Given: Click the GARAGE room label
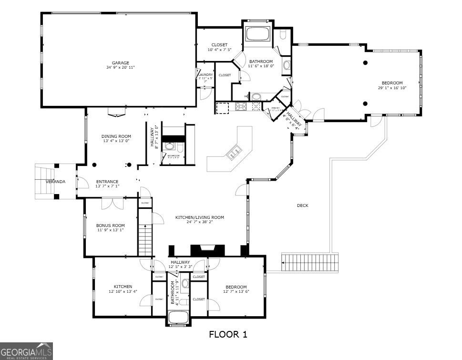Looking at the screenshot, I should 121,62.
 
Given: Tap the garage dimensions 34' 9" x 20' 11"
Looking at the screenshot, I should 121,68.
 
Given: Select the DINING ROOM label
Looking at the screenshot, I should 116,136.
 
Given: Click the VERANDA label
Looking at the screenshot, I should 55,182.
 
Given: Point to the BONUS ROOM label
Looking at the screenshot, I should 110,226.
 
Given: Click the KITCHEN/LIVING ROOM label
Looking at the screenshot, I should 199,217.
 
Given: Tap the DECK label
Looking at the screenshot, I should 302,206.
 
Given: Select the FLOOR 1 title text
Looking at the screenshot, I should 228,334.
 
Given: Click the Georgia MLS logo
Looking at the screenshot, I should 26,351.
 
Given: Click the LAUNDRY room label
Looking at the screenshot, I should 205,75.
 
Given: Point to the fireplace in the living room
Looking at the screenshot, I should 207,250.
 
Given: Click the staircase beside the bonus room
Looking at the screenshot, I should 145,239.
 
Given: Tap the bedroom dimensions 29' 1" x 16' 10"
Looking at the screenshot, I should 392,88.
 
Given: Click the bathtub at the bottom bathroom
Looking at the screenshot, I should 179,318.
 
